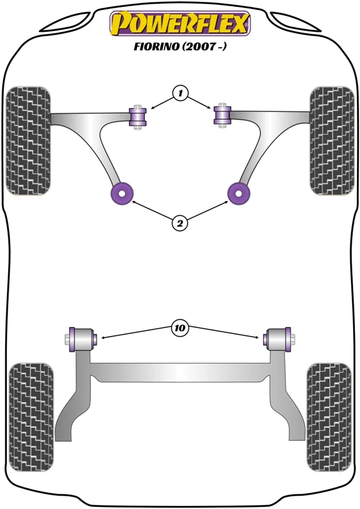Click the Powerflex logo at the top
coord(180,24)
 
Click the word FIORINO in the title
coord(156,46)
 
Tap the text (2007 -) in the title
coord(204,46)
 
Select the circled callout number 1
coord(180,94)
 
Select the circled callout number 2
coord(180,223)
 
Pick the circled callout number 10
coord(180,328)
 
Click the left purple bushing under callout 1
coord(138,117)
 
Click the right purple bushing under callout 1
coord(222,116)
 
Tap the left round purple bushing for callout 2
coord(121,194)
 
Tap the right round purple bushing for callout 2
coord(239,194)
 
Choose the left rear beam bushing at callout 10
coord(81,340)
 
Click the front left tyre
coord(28,141)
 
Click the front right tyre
coord(331,141)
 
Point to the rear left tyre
coord(31,417)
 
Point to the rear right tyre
coord(329,417)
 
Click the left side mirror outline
coord(67,22)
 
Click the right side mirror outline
coord(294,22)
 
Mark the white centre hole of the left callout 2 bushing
coord(121,193)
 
